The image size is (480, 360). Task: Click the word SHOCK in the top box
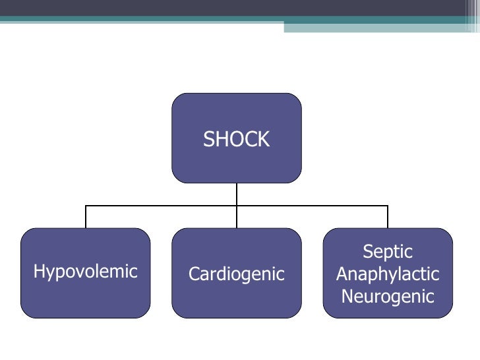236,139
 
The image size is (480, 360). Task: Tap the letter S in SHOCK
208,139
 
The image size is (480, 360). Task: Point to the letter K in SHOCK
264,139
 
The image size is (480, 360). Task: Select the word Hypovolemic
85,272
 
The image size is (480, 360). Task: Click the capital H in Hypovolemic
38,271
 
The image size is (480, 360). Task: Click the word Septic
388,251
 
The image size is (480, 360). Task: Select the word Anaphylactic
388,274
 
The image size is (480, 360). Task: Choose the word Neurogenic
388,296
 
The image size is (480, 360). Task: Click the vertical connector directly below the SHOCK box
237,194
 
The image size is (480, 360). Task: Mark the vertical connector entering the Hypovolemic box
86,218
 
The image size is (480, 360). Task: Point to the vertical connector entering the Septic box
388,218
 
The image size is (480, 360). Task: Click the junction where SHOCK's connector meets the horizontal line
237,206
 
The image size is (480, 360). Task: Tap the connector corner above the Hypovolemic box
86,206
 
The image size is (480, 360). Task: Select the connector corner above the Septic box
388,206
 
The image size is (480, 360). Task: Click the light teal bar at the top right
382,27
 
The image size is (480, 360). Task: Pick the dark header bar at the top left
132,8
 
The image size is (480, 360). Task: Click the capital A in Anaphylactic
342,274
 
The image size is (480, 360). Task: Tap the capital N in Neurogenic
347,296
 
